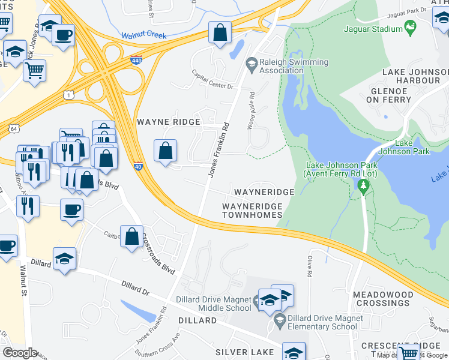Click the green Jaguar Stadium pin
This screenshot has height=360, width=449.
point(411,28)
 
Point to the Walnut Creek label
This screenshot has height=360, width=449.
point(143,35)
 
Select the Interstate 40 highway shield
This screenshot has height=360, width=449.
point(138,166)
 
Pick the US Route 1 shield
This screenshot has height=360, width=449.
point(70,95)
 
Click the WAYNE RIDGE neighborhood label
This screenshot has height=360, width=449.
point(168,122)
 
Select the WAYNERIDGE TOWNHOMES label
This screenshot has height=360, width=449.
point(252,211)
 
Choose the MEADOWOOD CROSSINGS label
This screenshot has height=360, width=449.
point(391,299)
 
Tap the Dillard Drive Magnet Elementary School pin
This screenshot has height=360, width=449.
point(280,323)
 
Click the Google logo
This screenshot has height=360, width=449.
point(20,353)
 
